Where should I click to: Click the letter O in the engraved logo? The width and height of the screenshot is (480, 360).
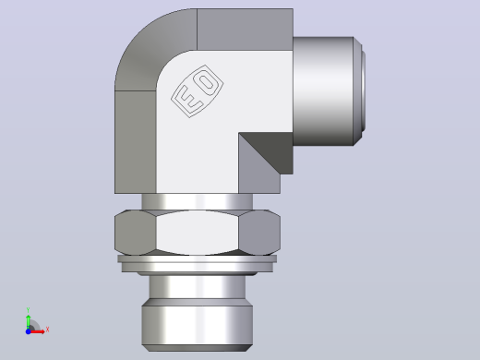point(206,80)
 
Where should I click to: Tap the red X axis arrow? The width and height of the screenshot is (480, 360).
point(36,331)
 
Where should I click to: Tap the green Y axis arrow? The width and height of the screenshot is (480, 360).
point(29,322)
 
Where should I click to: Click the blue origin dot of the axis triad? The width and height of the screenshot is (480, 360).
point(28,331)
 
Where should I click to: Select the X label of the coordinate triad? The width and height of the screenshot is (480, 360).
point(47,330)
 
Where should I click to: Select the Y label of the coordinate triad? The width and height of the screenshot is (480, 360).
point(28,310)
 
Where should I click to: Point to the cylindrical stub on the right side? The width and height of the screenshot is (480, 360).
point(323,91)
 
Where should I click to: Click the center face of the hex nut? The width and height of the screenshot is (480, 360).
point(198,233)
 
